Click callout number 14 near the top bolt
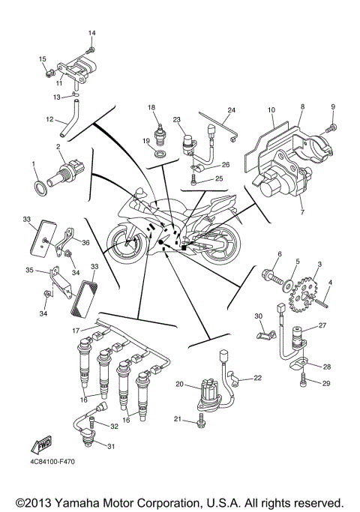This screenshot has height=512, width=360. [x=92, y=34]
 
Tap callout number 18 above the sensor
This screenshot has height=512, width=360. [x=151, y=108]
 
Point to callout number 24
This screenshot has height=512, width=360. [x=232, y=111]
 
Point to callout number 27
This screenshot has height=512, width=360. [x=323, y=325]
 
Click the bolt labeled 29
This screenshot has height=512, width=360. [x=304, y=384]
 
